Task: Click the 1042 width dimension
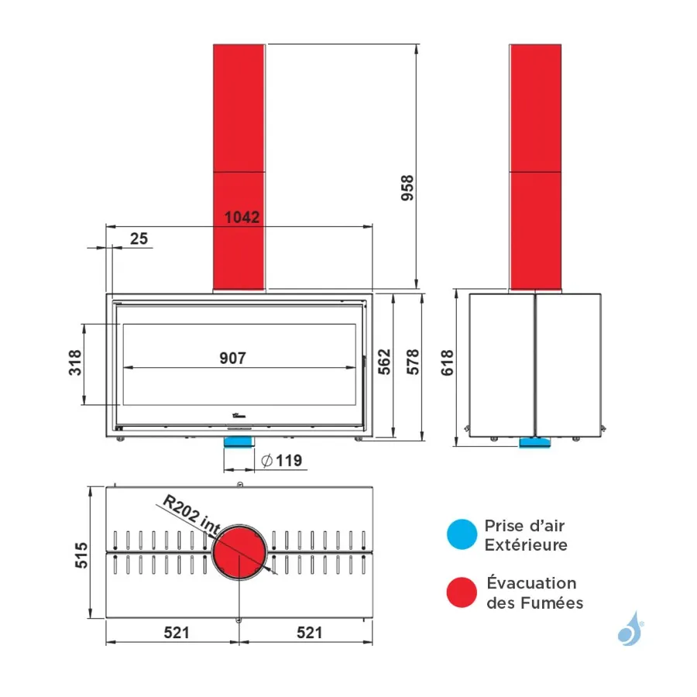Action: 242,218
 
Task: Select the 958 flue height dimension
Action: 407,188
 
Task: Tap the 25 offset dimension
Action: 139,239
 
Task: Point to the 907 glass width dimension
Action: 232,358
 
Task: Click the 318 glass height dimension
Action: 76,362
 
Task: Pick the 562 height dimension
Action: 384,362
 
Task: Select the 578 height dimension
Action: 413,362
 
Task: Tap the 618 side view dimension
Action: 447,362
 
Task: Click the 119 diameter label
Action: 282,461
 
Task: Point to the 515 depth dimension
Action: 81,555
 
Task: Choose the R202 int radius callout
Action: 191,514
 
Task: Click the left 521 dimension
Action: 177,632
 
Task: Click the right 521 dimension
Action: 309,632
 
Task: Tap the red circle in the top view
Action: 239,552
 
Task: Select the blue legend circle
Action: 462,534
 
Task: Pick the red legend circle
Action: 462,592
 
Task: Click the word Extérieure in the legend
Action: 526,545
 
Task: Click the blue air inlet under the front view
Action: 239,442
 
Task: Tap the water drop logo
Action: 630,629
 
